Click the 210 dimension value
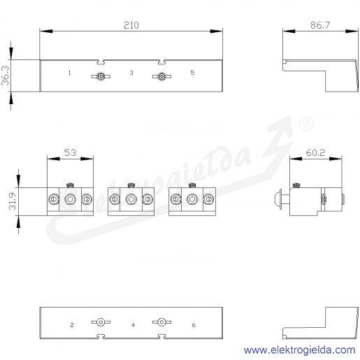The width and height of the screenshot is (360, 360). click(x=131, y=25)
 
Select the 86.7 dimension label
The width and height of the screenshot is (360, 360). click(x=320, y=25)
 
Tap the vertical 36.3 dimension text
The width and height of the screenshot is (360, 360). click(x=6, y=75)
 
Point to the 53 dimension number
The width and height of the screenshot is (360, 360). click(x=70, y=152)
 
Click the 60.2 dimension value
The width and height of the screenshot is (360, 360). click(x=315, y=152)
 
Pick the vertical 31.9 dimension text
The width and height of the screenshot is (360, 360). click(x=13, y=201)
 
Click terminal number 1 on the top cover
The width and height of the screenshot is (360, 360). click(x=69, y=73)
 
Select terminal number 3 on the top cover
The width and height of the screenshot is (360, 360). click(x=131, y=73)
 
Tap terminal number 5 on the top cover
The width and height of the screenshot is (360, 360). click(x=192, y=73)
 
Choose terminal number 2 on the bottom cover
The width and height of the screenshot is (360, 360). click(x=72, y=325)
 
